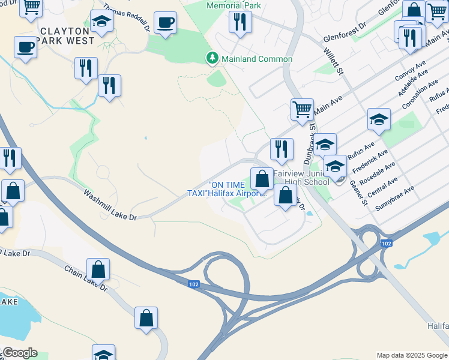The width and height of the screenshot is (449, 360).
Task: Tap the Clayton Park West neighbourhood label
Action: pyautogui.click(x=66, y=35)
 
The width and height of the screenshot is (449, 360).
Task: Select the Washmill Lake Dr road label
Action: pyautogui.click(x=111, y=205)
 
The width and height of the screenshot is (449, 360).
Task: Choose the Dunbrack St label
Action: pyautogui.click(x=312, y=126)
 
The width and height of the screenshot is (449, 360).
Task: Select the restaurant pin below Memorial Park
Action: pyautogui.click(x=240, y=22)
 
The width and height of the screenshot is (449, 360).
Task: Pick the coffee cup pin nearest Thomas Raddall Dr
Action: pyautogui.click(x=165, y=22)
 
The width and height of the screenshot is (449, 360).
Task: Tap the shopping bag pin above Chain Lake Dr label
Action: pyautogui.click(x=98, y=269)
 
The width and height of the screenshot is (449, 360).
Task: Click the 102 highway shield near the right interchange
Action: pyautogui.click(x=387, y=243)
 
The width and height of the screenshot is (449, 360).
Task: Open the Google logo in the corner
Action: pyautogui.click(x=20, y=353)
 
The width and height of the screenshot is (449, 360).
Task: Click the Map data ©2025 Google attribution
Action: pyautogui.click(x=412, y=355)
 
